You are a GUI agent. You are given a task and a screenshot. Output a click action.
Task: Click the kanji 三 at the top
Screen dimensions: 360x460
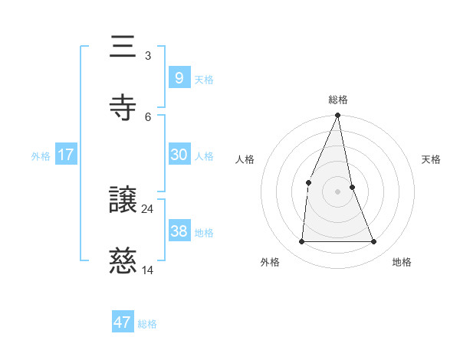[123, 47]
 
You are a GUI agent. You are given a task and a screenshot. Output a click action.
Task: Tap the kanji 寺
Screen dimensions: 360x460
[123, 107]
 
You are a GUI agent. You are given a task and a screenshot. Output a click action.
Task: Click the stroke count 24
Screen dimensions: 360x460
[148, 208]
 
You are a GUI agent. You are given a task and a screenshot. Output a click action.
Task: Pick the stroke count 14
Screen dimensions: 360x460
[148, 270]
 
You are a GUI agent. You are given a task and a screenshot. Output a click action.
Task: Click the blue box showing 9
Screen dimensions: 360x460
[179, 77]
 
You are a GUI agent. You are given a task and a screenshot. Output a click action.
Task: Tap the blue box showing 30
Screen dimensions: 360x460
[179, 155]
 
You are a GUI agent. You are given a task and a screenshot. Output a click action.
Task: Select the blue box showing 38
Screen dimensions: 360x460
[179, 231]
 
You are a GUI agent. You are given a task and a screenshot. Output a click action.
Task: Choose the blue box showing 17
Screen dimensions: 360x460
[66, 155]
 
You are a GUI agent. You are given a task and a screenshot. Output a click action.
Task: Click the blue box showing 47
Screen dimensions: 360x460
[123, 322]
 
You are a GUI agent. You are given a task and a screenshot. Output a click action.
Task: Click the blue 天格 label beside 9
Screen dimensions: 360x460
[203, 80]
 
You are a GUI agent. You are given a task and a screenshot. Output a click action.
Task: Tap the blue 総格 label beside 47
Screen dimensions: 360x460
[147, 324]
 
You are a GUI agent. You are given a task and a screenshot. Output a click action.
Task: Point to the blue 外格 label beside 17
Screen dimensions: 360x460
[41, 156]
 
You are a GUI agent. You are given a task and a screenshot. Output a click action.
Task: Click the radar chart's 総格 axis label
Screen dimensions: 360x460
[338, 100]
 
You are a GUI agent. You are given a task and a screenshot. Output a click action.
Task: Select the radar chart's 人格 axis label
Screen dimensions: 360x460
[245, 159]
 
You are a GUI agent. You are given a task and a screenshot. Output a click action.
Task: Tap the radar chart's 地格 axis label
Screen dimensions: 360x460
[402, 263]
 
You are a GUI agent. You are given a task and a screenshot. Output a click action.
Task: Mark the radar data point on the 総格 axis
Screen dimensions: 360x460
[338, 116]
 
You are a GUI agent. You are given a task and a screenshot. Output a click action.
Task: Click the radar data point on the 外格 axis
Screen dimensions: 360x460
[302, 241]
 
